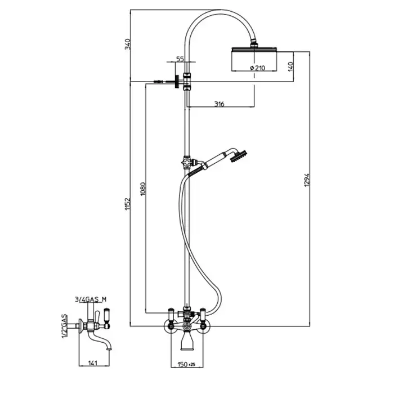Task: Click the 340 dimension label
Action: [128, 44]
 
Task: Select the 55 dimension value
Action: [180, 59]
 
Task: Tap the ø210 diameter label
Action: [257, 68]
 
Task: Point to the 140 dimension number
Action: [290, 66]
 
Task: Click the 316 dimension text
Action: [219, 104]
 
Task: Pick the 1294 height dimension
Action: [307, 180]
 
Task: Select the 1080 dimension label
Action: [143, 189]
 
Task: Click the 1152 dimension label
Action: [128, 204]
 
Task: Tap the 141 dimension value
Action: [93, 363]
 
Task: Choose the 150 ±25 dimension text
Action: [186, 364]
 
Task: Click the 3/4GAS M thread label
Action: [91, 299]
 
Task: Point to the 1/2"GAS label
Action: [65, 326]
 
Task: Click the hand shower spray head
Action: [239, 156]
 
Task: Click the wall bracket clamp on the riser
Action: [187, 81]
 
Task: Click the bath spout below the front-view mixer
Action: [187, 340]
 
